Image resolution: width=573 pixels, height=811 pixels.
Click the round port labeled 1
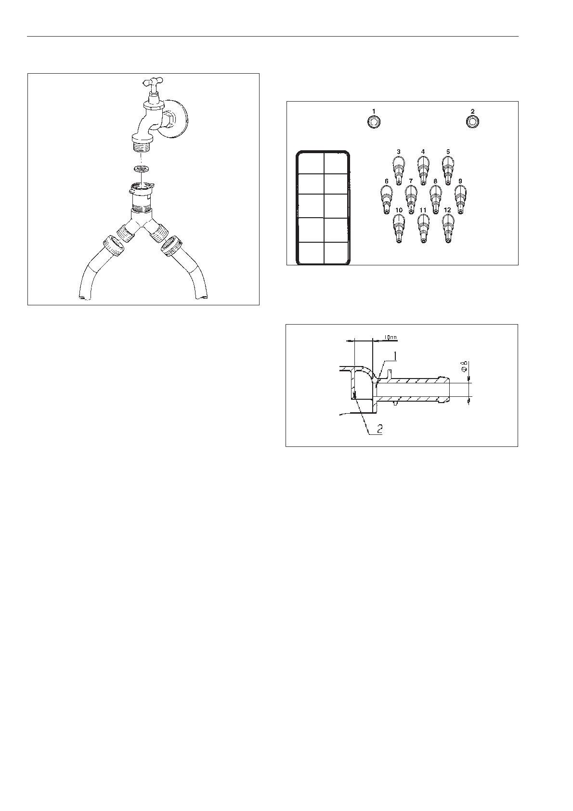tap(374, 122)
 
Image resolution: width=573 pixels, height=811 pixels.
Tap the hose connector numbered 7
tap(411, 199)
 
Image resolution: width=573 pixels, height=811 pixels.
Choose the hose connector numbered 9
tap(460, 199)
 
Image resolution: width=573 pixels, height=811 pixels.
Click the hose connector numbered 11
tap(423, 227)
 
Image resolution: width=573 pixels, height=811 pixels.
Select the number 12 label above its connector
tap(447, 210)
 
